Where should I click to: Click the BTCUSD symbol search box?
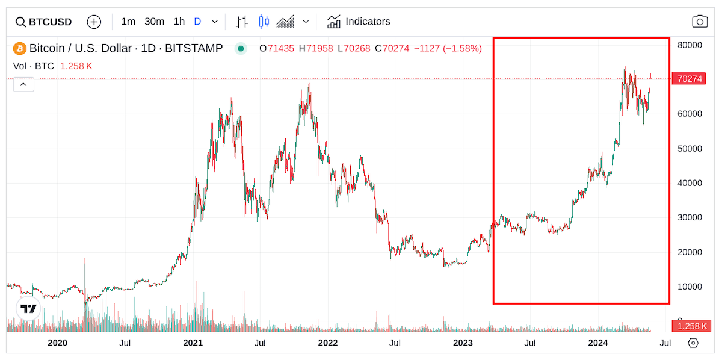[x=44, y=22]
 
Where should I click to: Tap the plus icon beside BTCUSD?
[x=94, y=22]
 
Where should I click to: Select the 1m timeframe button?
[x=128, y=22]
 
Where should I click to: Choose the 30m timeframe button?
[x=154, y=22]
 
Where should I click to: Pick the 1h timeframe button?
[x=179, y=22]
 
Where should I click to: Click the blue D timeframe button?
[x=197, y=22]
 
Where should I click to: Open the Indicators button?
[x=359, y=22]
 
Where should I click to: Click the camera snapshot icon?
[x=700, y=22]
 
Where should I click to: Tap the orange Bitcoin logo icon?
[x=20, y=48]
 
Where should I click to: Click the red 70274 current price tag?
[x=690, y=79]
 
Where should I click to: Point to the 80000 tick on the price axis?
[x=690, y=45]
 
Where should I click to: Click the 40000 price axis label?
[x=690, y=183]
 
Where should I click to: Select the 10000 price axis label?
[x=690, y=287]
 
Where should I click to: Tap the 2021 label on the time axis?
[x=193, y=343]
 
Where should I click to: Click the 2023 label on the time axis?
[x=462, y=343]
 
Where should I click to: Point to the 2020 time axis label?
[x=57, y=343]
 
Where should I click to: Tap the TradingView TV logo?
[x=28, y=309]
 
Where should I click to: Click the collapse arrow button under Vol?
[x=23, y=85]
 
